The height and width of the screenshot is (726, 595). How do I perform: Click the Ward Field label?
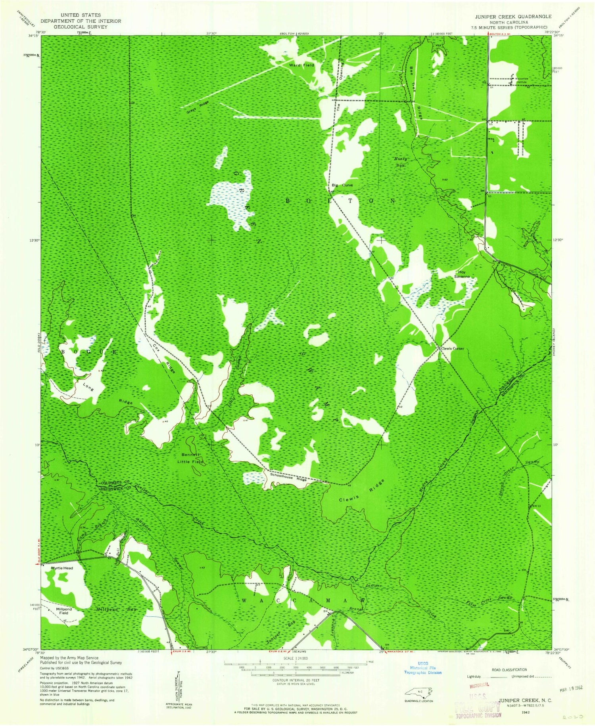301,65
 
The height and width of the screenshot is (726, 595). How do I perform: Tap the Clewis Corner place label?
452,349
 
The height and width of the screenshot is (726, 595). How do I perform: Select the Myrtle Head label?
62,568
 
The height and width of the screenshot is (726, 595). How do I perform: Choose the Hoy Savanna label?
462,275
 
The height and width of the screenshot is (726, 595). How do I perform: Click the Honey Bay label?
400,162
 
